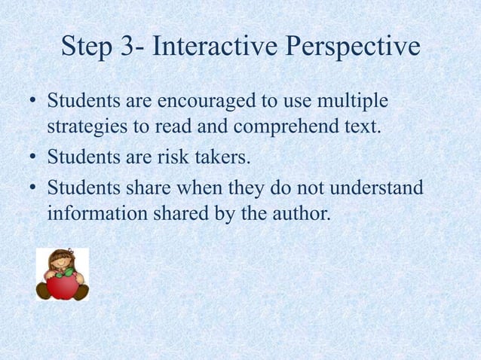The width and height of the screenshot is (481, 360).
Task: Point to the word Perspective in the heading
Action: (x=352, y=48)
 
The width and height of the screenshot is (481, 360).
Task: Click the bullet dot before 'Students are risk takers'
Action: (x=31, y=158)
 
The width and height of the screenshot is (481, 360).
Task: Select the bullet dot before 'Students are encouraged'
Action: (x=31, y=101)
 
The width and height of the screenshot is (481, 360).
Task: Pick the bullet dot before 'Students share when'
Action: (x=31, y=186)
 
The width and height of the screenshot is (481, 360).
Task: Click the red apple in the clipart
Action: (x=61, y=287)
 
